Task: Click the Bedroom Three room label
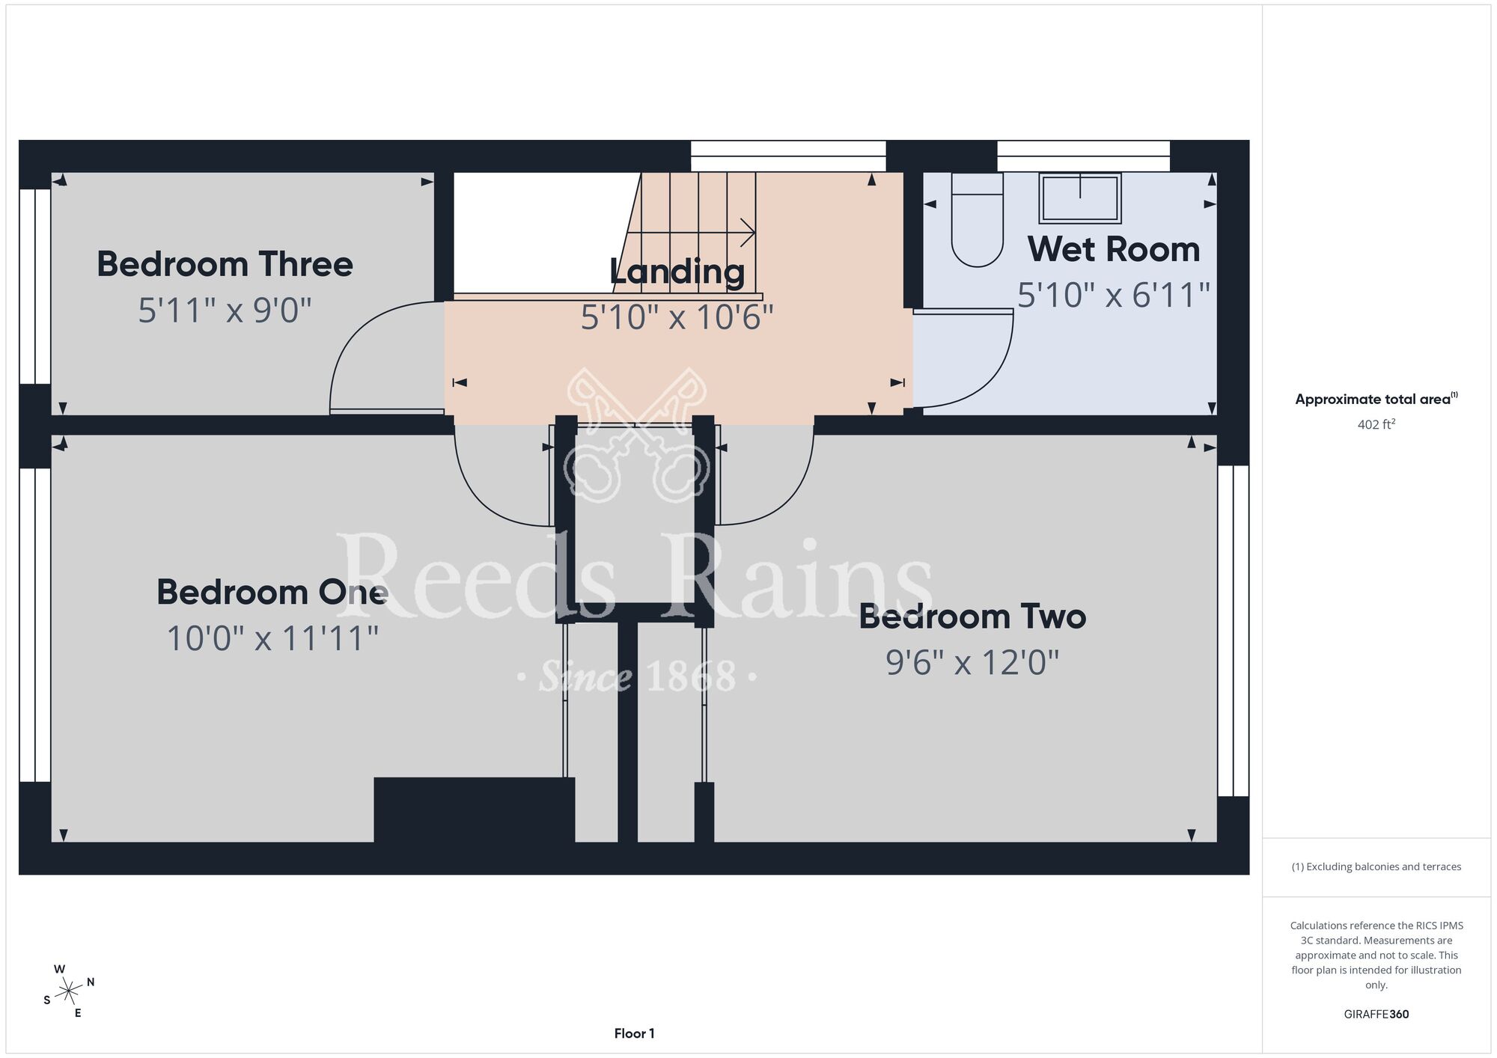(x=225, y=264)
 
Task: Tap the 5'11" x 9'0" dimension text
(x=225, y=310)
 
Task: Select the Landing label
(x=677, y=272)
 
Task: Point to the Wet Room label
(x=1114, y=249)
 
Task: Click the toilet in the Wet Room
(x=977, y=220)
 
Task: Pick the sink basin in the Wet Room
(x=1080, y=198)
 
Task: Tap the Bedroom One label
(x=272, y=593)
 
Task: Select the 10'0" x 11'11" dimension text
(x=272, y=639)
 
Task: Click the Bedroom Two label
(x=972, y=617)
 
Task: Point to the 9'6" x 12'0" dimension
(x=972, y=663)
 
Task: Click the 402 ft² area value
(x=1376, y=424)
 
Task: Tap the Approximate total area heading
(x=1376, y=399)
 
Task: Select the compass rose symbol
(x=69, y=991)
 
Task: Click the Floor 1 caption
(x=634, y=1033)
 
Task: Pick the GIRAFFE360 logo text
(x=1376, y=1015)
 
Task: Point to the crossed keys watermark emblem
(x=636, y=434)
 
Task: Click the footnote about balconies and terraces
(x=1376, y=866)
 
